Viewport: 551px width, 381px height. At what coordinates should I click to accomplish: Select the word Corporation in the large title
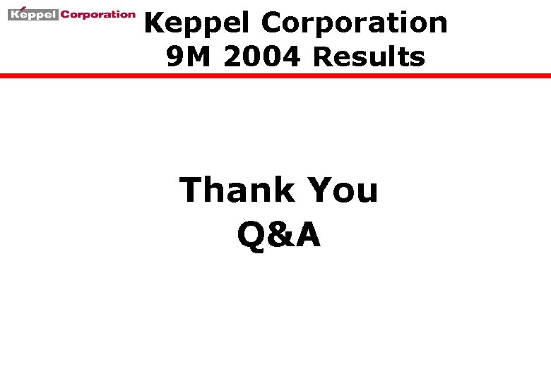pos(354,23)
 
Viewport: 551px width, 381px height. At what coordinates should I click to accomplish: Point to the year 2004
pos(261,56)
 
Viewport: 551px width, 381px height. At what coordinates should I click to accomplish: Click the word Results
pos(369,56)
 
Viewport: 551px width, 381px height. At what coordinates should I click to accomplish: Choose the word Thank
pos(237,190)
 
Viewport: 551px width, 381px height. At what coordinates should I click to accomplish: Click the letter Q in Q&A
pos(251,235)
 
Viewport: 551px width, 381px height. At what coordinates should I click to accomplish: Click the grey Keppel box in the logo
pos(32,14)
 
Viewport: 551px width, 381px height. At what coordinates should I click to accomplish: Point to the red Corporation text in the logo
pos(97,14)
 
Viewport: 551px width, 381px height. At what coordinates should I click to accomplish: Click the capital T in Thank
pos(191,190)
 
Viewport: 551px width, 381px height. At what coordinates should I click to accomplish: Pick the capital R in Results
pos(322,56)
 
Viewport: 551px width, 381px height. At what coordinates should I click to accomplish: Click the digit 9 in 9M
pos(175,56)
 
